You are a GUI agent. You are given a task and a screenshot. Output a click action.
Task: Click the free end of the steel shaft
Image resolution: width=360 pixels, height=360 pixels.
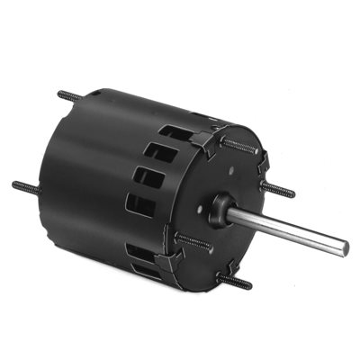pyautogui.click(x=343, y=248)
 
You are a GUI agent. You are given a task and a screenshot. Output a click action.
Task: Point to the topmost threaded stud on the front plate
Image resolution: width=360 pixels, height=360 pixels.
pyautogui.click(x=241, y=143)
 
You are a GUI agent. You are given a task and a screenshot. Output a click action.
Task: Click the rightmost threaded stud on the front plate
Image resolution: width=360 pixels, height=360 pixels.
pyautogui.click(x=280, y=191)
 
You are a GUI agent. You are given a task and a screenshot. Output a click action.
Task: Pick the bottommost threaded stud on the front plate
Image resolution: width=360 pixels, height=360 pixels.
pyautogui.click(x=232, y=282)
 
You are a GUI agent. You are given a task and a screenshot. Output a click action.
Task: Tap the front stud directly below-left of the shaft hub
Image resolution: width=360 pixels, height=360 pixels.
pyautogui.click(x=193, y=240)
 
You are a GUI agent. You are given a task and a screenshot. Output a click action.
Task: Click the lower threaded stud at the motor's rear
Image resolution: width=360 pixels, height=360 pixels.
pyautogui.click(x=25, y=186)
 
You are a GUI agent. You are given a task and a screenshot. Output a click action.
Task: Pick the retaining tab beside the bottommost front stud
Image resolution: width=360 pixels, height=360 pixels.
pyautogui.click(x=213, y=270)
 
